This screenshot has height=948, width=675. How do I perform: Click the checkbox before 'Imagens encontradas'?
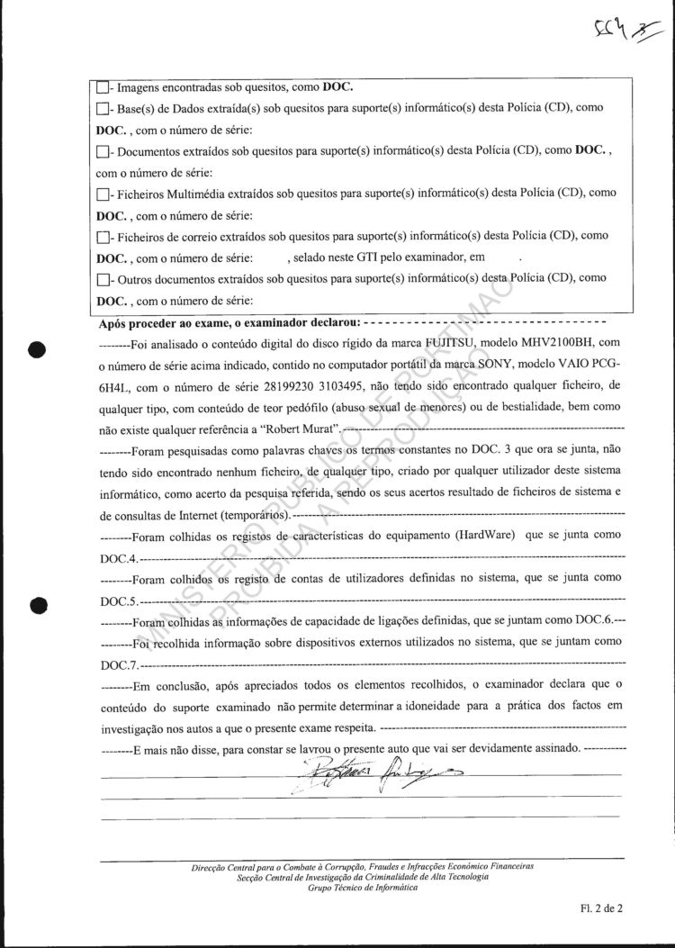point(103,88)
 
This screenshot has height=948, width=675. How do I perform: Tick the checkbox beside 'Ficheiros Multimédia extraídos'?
point(103,194)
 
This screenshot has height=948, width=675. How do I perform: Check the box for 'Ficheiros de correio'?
point(103,237)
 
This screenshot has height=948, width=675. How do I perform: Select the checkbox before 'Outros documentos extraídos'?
point(103,280)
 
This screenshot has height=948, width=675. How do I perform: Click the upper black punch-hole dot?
point(37,350)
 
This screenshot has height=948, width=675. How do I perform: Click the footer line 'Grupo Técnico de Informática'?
point(363,888)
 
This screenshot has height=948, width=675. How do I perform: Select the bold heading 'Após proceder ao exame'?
point(229,321)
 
